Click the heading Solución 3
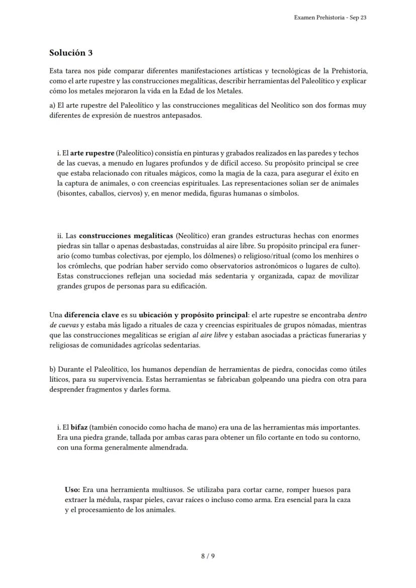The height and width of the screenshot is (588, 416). [x=71, y=53]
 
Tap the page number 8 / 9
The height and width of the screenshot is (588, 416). [x=208, y=556]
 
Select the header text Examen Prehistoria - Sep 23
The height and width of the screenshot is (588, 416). [x=330, y=18]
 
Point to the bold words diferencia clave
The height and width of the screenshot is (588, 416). [x=91, y=315]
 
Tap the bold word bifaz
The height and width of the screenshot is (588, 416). [x=79, y=427]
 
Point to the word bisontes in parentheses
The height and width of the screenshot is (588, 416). [x=73, y=193]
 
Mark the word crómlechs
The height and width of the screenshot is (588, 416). [x=79, y=266]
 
